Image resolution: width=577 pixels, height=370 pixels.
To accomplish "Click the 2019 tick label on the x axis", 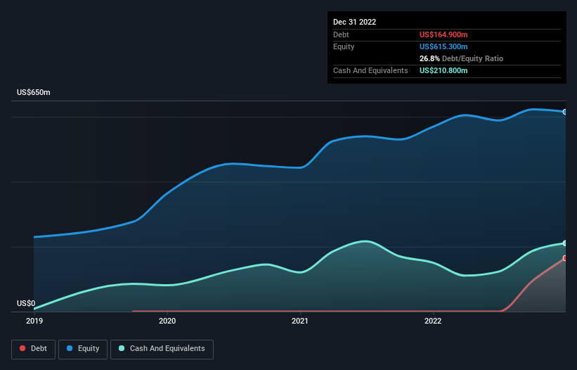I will coord(34,321).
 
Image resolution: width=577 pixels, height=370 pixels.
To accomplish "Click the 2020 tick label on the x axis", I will coord(167,321).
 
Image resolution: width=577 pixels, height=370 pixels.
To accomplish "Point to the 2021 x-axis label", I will coord(300,321).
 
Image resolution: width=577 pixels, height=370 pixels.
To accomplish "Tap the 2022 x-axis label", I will coord(434,321).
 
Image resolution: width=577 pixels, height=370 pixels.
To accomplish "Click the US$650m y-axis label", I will coord(33,93).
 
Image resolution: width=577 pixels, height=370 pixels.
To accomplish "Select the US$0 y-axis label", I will coord(26,303).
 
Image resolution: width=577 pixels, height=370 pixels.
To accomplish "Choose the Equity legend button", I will coord(84,349).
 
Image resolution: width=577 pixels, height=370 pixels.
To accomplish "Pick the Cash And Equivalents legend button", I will coord(162,349).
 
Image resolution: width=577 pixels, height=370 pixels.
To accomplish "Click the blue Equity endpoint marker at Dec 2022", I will coord(564,112).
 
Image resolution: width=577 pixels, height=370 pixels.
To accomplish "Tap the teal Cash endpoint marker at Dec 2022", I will coord(564,243).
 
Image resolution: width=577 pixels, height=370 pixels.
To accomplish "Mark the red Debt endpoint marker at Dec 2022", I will coord(564,258).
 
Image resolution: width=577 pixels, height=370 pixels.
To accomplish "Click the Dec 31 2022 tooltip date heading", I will coord(354,22).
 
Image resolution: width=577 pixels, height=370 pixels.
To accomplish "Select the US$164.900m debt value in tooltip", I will coord(443,34).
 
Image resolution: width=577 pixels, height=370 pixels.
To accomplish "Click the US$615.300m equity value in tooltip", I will coord(443,46).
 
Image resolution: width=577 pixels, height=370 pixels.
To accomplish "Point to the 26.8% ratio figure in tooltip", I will coord(429,58).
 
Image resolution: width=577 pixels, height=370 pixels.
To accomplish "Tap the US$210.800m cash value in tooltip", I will coord(443,70).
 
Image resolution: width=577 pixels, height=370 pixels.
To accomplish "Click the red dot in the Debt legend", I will coord(23,349).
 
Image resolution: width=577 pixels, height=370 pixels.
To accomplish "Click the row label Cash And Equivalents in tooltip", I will coord(370,70).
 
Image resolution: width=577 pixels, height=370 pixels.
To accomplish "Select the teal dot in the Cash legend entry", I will coord(122,349).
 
